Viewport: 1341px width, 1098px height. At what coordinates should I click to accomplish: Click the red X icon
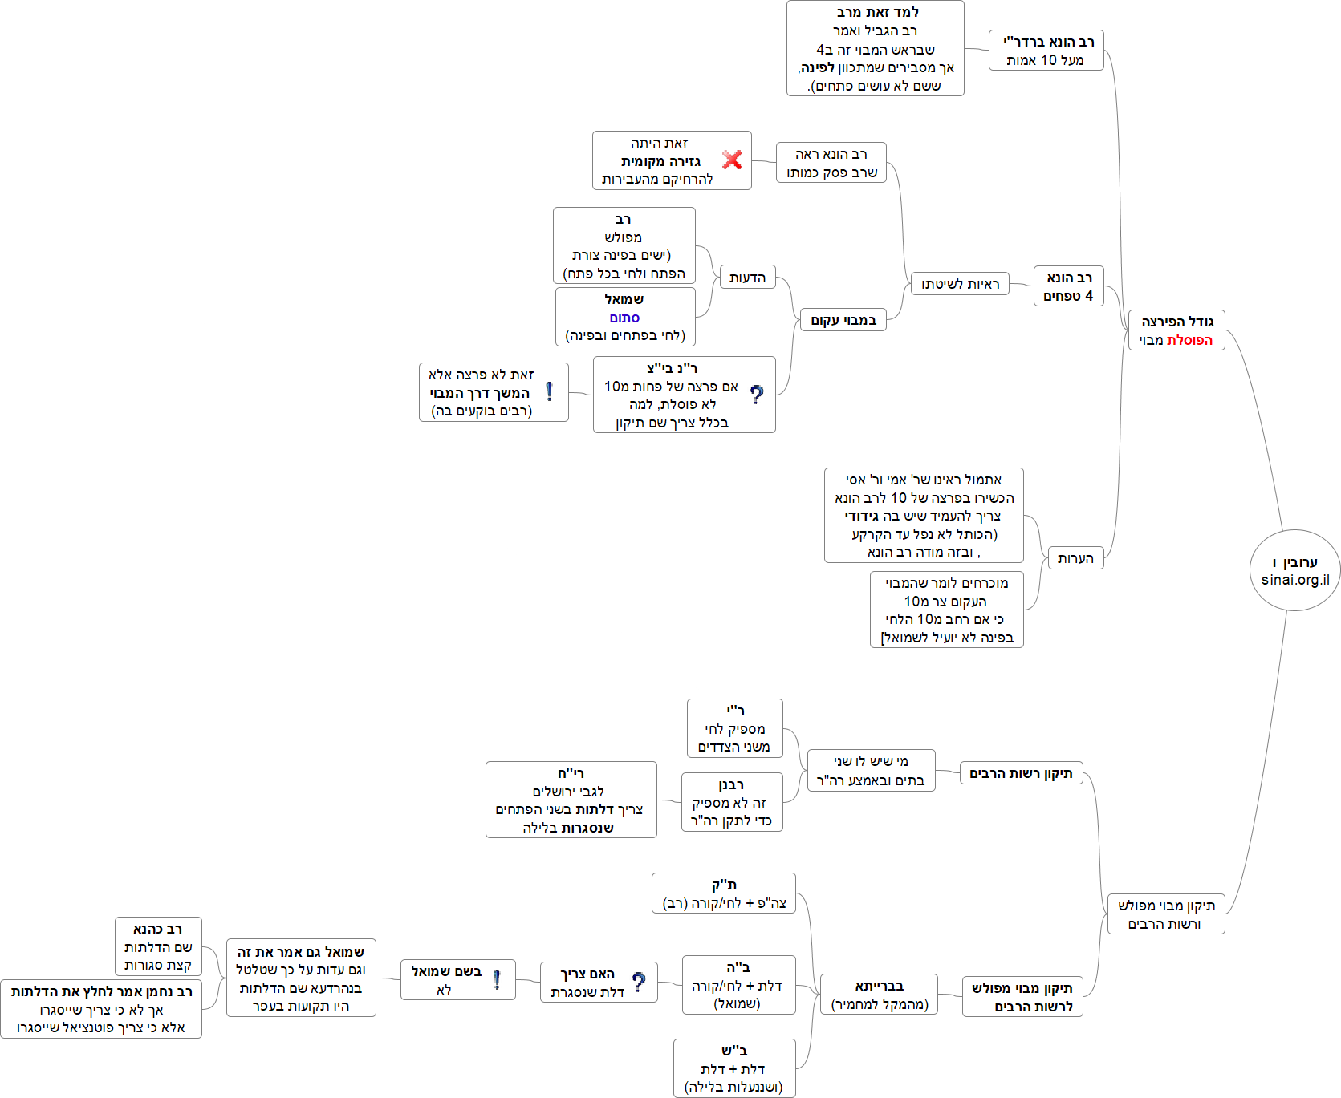(731, 160)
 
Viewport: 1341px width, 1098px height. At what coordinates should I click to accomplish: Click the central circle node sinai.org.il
(1294, 570)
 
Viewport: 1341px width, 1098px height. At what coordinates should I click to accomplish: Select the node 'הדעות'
(747, 278)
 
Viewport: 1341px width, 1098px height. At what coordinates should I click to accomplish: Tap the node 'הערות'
(1075, 558)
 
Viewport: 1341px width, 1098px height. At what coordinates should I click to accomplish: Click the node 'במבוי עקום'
(843, 320)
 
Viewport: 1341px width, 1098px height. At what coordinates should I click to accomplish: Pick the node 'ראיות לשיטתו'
(960, 284)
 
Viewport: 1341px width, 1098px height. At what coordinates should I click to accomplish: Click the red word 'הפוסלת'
(1189, 340)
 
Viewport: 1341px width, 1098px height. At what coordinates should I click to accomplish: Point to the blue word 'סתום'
(624, 318)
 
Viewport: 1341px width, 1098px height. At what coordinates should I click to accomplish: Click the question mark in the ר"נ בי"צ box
(756, 395)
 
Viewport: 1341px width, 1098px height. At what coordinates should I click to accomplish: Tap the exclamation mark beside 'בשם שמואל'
(497, 979)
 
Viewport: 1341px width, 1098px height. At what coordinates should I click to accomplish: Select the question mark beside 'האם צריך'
(638, 982)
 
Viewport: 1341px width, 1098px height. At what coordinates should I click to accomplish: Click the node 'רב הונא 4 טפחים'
(1068, 286)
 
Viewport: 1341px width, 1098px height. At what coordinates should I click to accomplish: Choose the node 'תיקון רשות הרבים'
(1021, 773)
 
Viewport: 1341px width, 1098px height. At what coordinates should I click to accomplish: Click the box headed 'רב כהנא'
(158, 946)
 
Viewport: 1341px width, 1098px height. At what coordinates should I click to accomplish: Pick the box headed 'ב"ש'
(733, 1068)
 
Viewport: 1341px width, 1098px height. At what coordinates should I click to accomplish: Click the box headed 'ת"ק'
(723, 893)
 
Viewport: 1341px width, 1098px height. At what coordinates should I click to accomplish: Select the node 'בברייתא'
(879, 995)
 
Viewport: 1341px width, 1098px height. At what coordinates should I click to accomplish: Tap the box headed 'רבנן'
(731, 802)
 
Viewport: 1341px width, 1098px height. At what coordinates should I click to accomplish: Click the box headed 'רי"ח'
(571, 800)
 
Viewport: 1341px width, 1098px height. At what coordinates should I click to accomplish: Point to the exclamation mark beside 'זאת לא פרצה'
(549, 391)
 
